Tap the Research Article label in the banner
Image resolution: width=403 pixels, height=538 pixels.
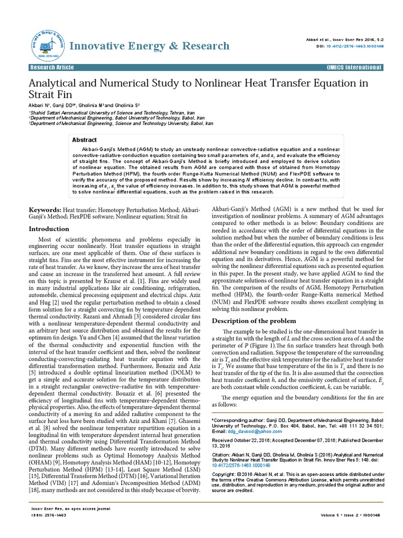pos(52,68)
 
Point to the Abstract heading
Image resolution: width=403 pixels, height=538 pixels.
pos(84,140)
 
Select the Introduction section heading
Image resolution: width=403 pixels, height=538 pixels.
pos(49,229)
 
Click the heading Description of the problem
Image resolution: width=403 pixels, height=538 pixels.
pos(254,321)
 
